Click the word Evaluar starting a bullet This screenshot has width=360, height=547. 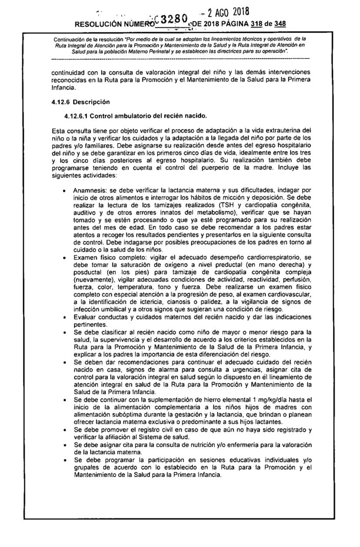[x=86, y=316]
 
